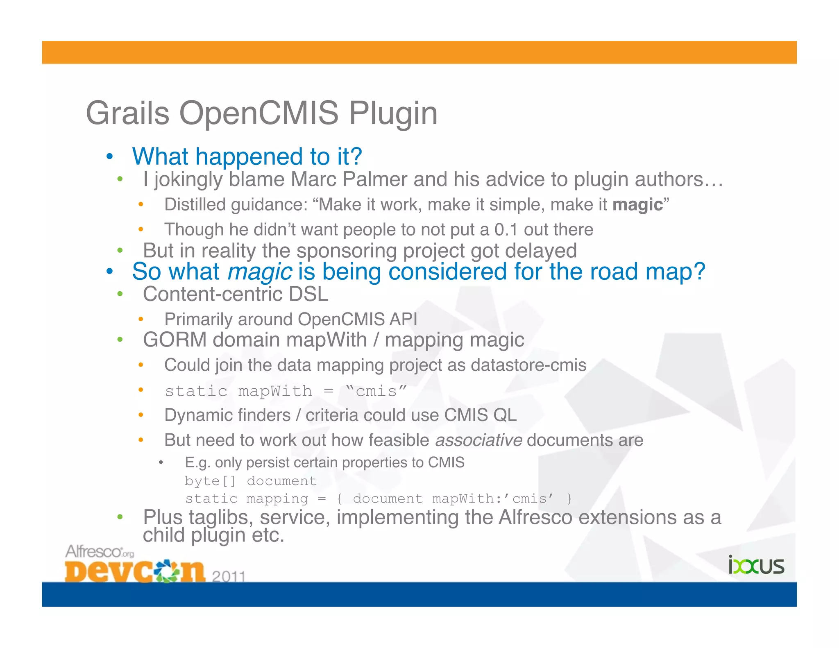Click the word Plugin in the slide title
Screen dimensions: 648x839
[x=393, y=113]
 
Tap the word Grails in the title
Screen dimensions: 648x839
[x=127, y=113]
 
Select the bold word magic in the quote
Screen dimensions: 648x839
[x=637, y=205]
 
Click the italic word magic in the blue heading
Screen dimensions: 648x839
[x=259, y=272]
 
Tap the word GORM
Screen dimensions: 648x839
[x=175, y=340]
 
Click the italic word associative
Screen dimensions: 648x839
[x=478, y=440]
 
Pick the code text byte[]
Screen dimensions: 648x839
[x=210, y=481]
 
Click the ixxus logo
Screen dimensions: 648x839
[x=756, y=566]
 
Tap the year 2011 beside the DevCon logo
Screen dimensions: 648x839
[x=229, y=576]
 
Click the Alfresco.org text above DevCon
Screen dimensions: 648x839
[x=100, y=552]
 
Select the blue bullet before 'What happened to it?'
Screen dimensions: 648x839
[x=109, y=157]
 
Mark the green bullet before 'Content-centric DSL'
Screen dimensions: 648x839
[x=120, y=294]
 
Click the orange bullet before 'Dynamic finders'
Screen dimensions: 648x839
[x=141, y=415]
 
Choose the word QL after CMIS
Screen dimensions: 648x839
[x=505, y=415]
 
